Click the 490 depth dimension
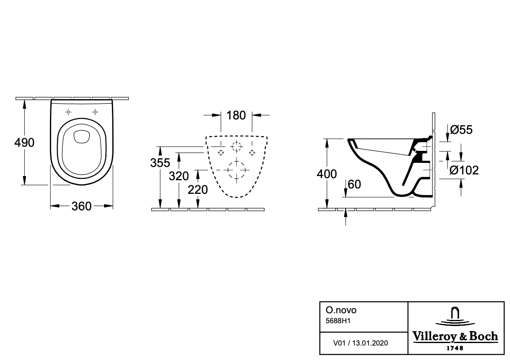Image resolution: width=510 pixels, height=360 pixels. click(24, 143)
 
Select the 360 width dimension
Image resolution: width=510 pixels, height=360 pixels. click(81, 206)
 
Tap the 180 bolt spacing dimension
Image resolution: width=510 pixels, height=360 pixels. click(236, 115)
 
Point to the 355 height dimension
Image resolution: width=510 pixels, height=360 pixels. click(160, 163)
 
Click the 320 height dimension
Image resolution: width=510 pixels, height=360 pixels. click(179, 176)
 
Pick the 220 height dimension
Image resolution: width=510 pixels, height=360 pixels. click(198, 190)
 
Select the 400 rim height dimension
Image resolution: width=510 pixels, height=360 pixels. click(327, 174)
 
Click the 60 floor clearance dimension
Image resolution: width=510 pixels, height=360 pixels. click(354, 184)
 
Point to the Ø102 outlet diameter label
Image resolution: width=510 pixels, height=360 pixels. click(464, 170)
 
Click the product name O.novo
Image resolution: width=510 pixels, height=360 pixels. click(341, 310)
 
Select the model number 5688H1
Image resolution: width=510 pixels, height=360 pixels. click(338, 321)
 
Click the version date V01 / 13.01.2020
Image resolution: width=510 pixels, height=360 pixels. click(361, 343)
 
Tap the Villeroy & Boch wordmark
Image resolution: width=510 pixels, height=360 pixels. click(455, 337)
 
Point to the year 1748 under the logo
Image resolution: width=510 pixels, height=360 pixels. click(455, 348)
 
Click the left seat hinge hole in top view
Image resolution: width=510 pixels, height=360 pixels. click(68, 112)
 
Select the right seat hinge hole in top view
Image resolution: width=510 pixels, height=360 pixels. click(95, 112)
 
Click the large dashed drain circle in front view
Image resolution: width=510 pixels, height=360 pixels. click(237, 170)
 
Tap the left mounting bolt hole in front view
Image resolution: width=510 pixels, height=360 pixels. click(221, 153)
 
